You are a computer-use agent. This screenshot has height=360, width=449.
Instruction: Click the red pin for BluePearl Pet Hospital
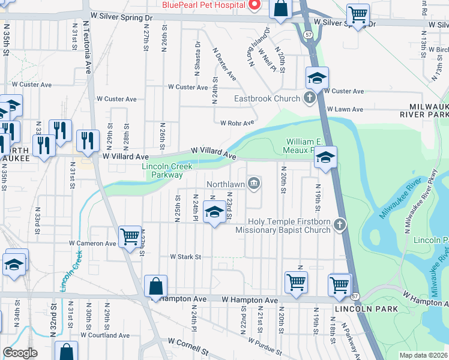pos(254,5)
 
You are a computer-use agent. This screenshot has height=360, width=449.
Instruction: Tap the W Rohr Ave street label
pos(238,124)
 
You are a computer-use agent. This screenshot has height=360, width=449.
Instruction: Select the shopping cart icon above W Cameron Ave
pos(130,237)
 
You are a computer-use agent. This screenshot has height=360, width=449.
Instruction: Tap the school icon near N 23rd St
pos(214,212)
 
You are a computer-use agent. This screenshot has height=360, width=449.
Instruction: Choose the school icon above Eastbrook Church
pos(317,79)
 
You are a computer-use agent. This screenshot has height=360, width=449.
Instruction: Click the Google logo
pos(20,353)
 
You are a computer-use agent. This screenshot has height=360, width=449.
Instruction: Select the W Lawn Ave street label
pos(345,109)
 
